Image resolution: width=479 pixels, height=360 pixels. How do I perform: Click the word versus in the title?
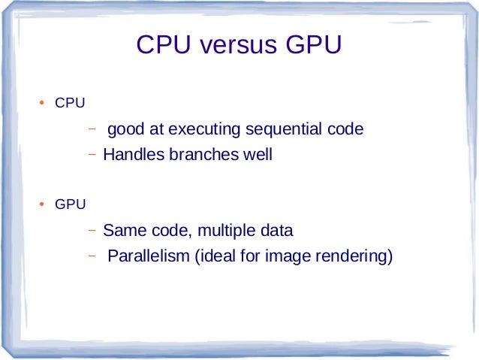[x=239, y=47]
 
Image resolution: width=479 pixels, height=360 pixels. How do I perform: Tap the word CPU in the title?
[x=165, y=47]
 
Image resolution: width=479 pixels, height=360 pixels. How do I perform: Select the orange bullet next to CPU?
[x=43, y=103]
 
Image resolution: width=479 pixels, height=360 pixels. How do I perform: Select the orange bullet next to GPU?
[x=43, y=204]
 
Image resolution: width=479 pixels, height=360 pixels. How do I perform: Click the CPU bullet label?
[x=70, y=103]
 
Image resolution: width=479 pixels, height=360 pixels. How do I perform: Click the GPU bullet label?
[x=71, y=204]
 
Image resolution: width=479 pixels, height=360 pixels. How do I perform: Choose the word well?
[x=256, y=156]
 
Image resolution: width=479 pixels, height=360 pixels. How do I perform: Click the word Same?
[x=122, y=230]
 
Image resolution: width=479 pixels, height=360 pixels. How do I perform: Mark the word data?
[x=276, y=230]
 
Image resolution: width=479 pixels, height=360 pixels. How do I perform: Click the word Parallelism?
[x=149, y=257]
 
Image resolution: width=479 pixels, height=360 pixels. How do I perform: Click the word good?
[x=125, y=130]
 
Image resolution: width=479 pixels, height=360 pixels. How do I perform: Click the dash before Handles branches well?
[x=92, y=156]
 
